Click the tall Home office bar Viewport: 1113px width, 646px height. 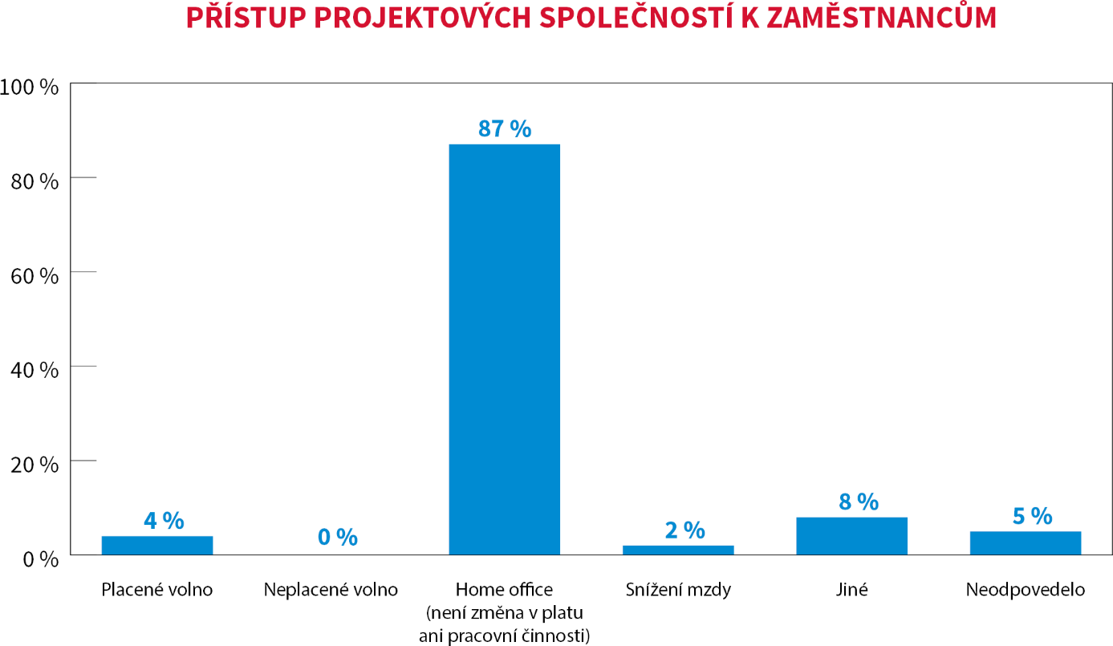504,349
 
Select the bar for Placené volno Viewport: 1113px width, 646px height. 157,545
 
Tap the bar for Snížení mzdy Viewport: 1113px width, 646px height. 678,550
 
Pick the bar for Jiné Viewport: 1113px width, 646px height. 851,536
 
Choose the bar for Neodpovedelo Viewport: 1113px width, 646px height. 1025,542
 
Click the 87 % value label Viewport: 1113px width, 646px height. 505,128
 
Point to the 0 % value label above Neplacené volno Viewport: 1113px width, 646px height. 337,537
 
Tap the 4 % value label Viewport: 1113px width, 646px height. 164,520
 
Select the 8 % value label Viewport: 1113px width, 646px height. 858,502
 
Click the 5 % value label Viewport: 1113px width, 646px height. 1032,515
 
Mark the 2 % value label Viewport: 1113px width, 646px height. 684,530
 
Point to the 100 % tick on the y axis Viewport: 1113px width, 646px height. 30,87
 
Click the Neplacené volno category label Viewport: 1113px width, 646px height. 331,590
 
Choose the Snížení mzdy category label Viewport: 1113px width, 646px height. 678,590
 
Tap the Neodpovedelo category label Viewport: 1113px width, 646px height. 1025,590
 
